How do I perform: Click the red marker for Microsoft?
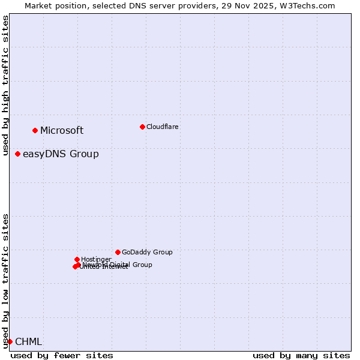(35, 130)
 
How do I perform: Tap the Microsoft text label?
(62, 131)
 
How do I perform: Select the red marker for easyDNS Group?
(18, 154)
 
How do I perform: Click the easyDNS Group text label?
(61, 154)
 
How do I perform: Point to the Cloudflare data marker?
(142, 127)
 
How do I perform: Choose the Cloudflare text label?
(162, 127)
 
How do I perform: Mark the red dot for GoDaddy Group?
(118, 252)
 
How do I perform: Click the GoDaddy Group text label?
(147, 253)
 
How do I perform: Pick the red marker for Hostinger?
(77, 259)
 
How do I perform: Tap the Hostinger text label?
(96, 260)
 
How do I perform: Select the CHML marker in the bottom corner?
(10, 341)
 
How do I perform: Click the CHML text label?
(28, 342)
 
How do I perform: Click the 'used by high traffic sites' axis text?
(6, 85)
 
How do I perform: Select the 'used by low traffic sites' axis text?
(6, 281)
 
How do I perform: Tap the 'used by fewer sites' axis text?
(62, 355)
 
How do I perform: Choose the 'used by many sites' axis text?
(301, 355)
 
